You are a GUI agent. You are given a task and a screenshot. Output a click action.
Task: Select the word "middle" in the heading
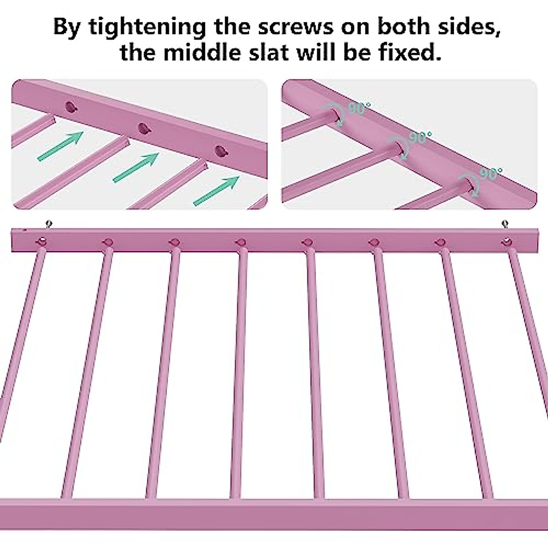tap(206, 53)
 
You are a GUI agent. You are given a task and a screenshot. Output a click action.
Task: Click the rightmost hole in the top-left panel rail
tap(221, 150)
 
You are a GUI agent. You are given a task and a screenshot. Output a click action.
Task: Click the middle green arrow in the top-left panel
tap(136, 168)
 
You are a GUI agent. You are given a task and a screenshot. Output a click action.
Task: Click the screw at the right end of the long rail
tap(505, 224)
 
